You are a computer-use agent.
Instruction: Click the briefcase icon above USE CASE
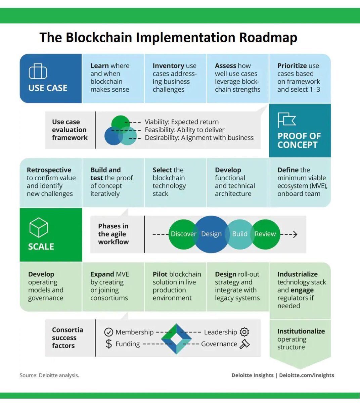click(x=38, y=71)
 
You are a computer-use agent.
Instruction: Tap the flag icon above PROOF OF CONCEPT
click(x=286, y=120)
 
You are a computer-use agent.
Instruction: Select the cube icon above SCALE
click(x=39, y=227)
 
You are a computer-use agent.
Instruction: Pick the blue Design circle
click(x=211, y=234)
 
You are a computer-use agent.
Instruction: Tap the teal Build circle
click(x=239, y=234)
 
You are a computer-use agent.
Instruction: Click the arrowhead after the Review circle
click(x=295, y=234)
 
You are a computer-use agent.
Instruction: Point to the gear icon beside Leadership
click(x=244, y=332)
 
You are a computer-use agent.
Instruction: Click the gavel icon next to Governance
click(x=244, y=344)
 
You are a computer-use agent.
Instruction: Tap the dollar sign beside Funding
click(x=108, y=344)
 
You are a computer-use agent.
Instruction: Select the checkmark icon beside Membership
click(x=108, y=332)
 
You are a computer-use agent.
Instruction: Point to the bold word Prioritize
click(x=292, y=66)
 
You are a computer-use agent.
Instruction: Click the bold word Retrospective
click(x=49, y=170)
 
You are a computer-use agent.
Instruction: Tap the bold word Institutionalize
click(x=301, y=331)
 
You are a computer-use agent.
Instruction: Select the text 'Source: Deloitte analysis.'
click(x=49, y=375)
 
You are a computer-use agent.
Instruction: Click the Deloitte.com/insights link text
click(x=306, y=375)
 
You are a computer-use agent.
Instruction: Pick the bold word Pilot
click(x=160, y=274)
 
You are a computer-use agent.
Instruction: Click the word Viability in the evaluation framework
click(x=156, y=122)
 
